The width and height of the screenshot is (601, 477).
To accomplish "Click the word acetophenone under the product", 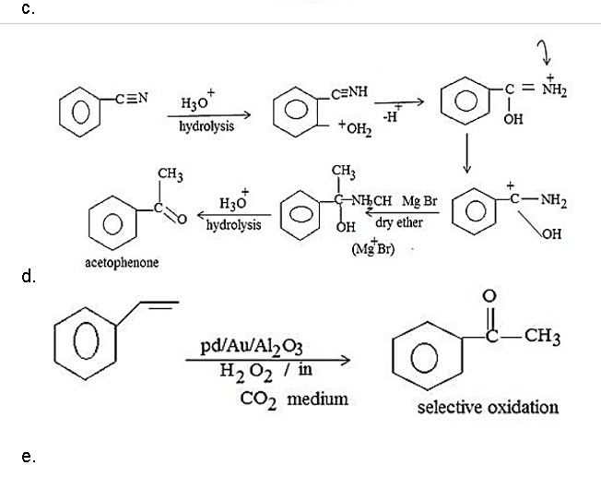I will [x=121, y=262].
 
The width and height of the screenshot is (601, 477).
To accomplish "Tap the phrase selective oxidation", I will [x=488, y=407].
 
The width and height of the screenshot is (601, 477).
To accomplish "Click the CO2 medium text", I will [x=281, y=399].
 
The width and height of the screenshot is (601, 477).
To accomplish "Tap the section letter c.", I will [x=29, y=8].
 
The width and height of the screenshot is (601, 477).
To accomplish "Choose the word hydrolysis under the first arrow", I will [x=206, y=126].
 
